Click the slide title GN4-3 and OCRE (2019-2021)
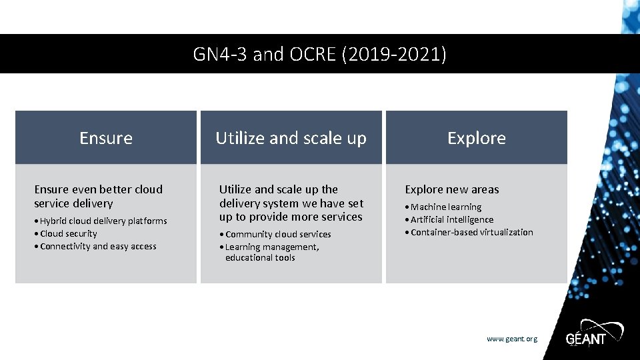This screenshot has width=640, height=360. (319, 54)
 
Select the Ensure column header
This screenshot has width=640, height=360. (106, 138)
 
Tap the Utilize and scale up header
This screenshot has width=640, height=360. (291, 138)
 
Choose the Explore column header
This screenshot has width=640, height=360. (476, 138)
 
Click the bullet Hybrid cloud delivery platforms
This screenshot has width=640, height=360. (103, 221)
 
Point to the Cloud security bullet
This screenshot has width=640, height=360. (68, 233)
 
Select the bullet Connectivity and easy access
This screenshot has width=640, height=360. (98, 246)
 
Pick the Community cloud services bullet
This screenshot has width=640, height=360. (278, 234)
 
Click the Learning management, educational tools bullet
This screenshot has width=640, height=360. (272, 252)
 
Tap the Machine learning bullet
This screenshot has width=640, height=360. (445, 207)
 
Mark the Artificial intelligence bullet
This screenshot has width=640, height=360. (452, 219)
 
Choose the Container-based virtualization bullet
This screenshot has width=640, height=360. (471, 232)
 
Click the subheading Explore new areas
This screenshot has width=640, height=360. (452, 189)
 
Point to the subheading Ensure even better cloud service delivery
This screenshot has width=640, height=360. (98, 196)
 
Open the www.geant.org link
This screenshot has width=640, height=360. (511, 339)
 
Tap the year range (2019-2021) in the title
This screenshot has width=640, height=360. (393, 54)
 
